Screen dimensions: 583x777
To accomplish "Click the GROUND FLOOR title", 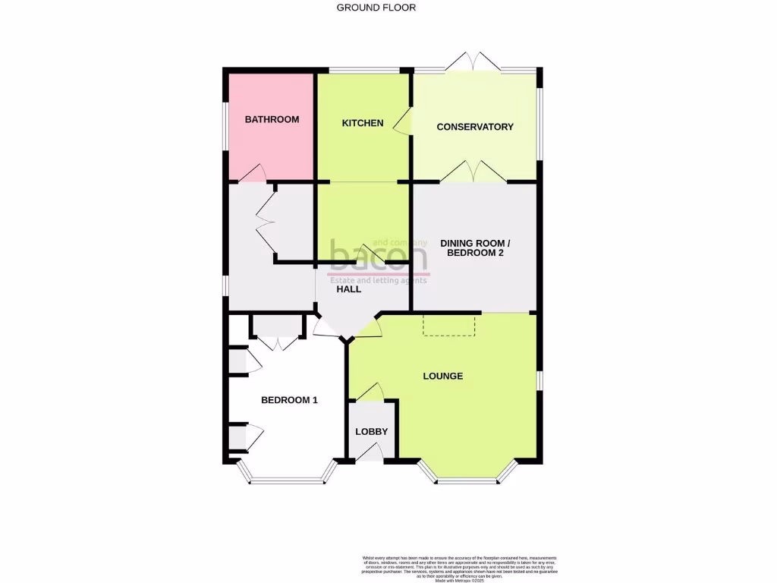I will pos(376,8).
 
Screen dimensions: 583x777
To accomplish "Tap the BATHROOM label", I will pos(272,119).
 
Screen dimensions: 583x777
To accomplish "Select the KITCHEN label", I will pos(363,123).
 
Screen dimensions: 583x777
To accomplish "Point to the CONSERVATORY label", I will pos(475,127).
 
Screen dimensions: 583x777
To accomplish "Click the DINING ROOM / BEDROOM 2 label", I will pos(475,248).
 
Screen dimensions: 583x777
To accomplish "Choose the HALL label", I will pos(349,289).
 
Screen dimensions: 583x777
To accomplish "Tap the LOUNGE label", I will pos(443,376).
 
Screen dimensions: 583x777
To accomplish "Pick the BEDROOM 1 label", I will pos(289,400).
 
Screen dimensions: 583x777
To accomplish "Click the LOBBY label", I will pos(372,432).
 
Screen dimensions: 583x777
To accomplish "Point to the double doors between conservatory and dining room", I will pos(473,173).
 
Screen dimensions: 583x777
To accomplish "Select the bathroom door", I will pos(252,174).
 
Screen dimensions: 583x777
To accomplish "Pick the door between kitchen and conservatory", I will pos(404,122).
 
